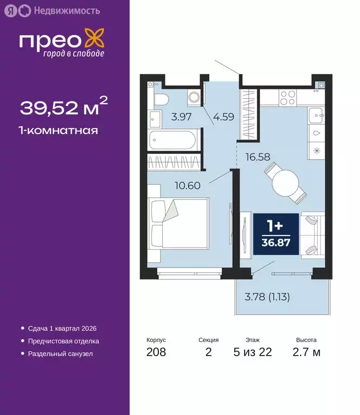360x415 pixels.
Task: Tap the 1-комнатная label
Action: tap(59, 130)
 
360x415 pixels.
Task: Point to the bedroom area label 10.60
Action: tap(188, 185)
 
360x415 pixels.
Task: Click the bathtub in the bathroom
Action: tap(173, 141)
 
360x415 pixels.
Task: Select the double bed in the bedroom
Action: tap(178, 222)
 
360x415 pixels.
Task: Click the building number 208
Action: tap(156, 353)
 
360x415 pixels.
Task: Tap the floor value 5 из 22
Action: tap(252, 353)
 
